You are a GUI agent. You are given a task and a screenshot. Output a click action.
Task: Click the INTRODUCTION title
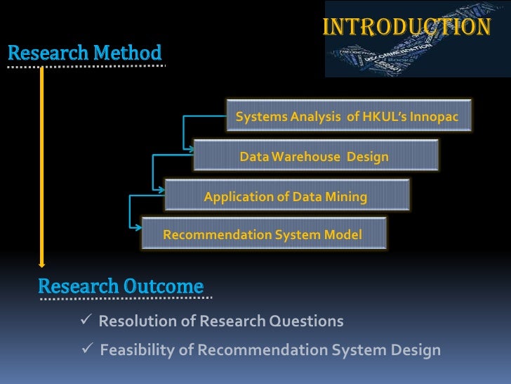[406, 27]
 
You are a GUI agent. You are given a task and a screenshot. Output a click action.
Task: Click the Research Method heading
[85, 53]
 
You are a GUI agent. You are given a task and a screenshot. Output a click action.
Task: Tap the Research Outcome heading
[121, 286]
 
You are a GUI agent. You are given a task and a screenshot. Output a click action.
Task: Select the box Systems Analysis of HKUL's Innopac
[347, 116]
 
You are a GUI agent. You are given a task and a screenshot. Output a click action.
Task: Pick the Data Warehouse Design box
[314, 156]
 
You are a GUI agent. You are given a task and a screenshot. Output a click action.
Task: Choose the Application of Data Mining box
[286, 196]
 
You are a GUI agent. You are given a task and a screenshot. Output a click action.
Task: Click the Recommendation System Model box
[263, 234]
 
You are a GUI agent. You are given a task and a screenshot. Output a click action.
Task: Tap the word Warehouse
[306, 156]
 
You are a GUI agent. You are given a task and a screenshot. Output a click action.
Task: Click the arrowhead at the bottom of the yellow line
[42, 264]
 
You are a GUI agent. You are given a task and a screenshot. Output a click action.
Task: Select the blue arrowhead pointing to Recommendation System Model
[137, 226]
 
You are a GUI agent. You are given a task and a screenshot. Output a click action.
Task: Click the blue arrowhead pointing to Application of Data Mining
[160, 188]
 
